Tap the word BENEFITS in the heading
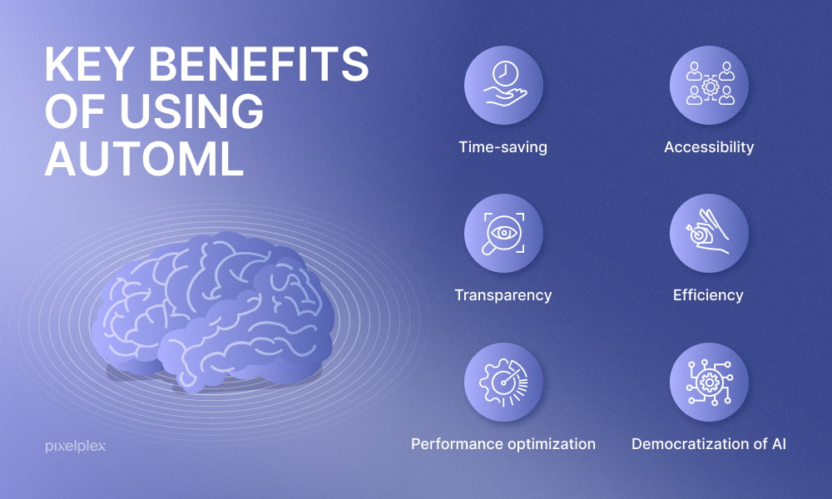259,64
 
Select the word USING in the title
191,111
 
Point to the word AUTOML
144,159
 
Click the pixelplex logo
76,447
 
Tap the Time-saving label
503,147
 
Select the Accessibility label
709,147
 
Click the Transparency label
503,295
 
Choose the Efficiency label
708,295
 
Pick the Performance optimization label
503,444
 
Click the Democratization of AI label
709,444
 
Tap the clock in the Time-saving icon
505,74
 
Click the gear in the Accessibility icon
710,86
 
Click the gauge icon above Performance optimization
503,383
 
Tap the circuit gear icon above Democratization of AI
710,383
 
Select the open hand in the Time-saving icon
504,97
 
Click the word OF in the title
77,111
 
